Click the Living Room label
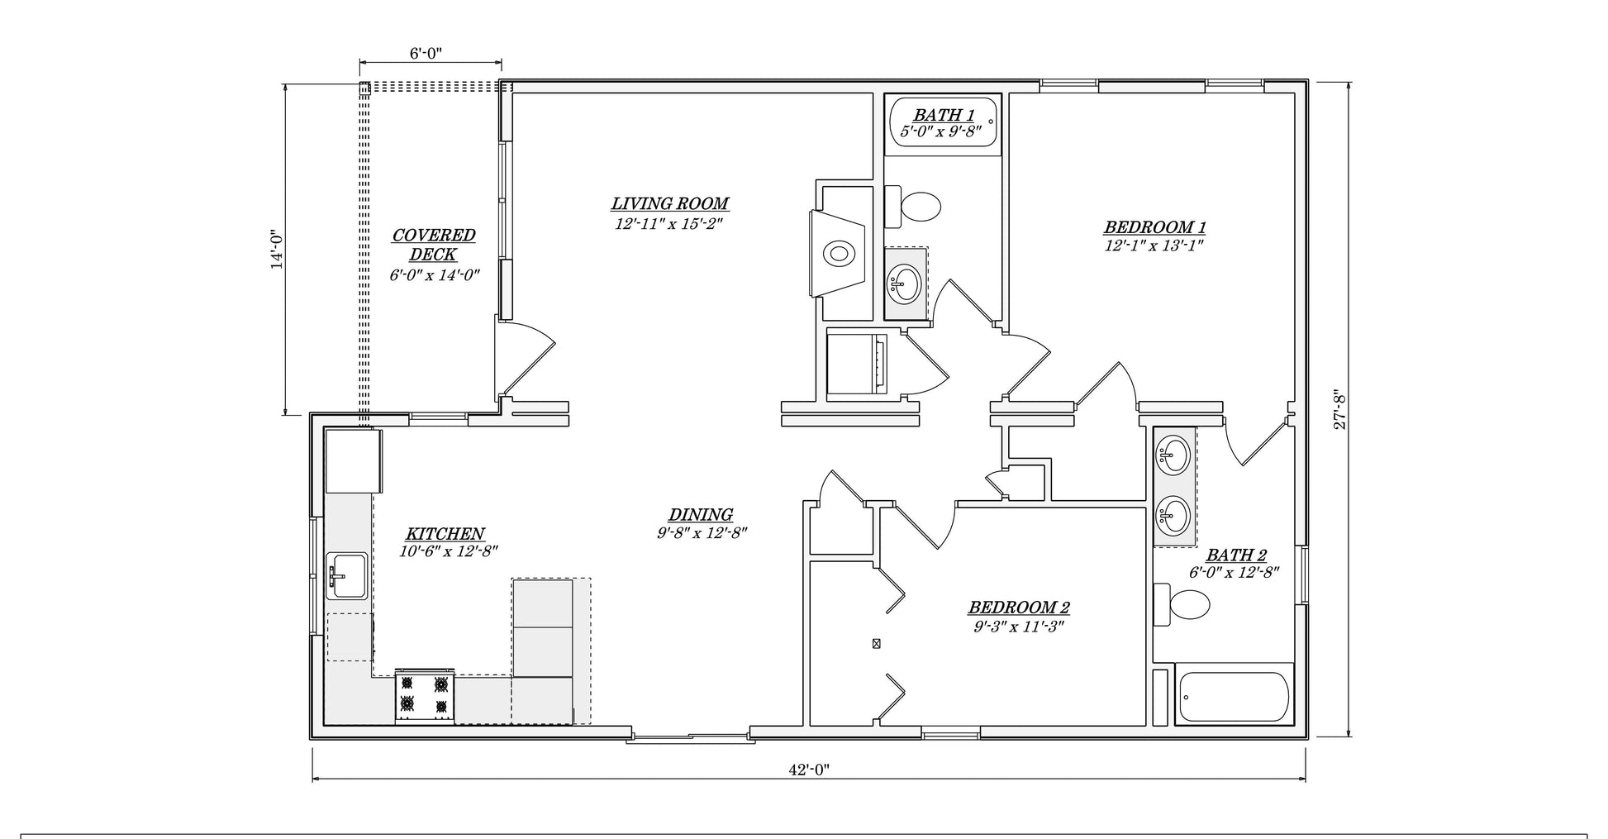tap(670, 203)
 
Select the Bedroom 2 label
tap(1019, 608)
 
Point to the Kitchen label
tap(445, 534)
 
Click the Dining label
tap(701, 515)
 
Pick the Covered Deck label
tap(434, 245)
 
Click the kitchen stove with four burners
tap(425, 696)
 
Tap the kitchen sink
tap(347, 575)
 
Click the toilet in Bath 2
tap(1182, 604)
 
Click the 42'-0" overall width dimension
tap(808, 770)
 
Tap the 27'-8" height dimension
tap(1340, 409)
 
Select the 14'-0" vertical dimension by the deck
tap(277, 249)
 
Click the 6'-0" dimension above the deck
tap(426, 54)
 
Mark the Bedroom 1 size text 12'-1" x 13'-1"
tap(1154, 246)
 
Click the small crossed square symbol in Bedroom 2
tap(876, 643)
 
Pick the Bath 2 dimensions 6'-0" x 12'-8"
tap(1235, 573)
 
